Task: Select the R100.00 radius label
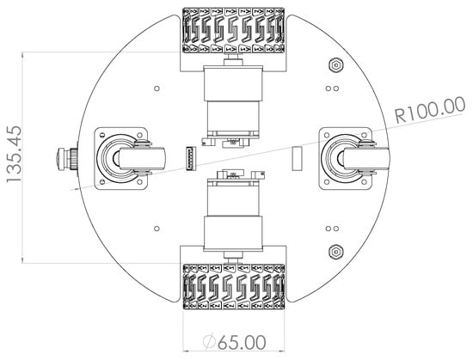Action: pos(429,110)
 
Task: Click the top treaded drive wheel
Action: pos(234,36)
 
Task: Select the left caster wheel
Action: pos(120,159)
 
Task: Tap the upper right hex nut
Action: pos(335,65)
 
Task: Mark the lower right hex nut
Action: pos(335,252)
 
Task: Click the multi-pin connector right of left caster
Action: pos(189,159)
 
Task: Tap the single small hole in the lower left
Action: pos(156,229)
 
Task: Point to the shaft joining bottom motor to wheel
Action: pos(230,255)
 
